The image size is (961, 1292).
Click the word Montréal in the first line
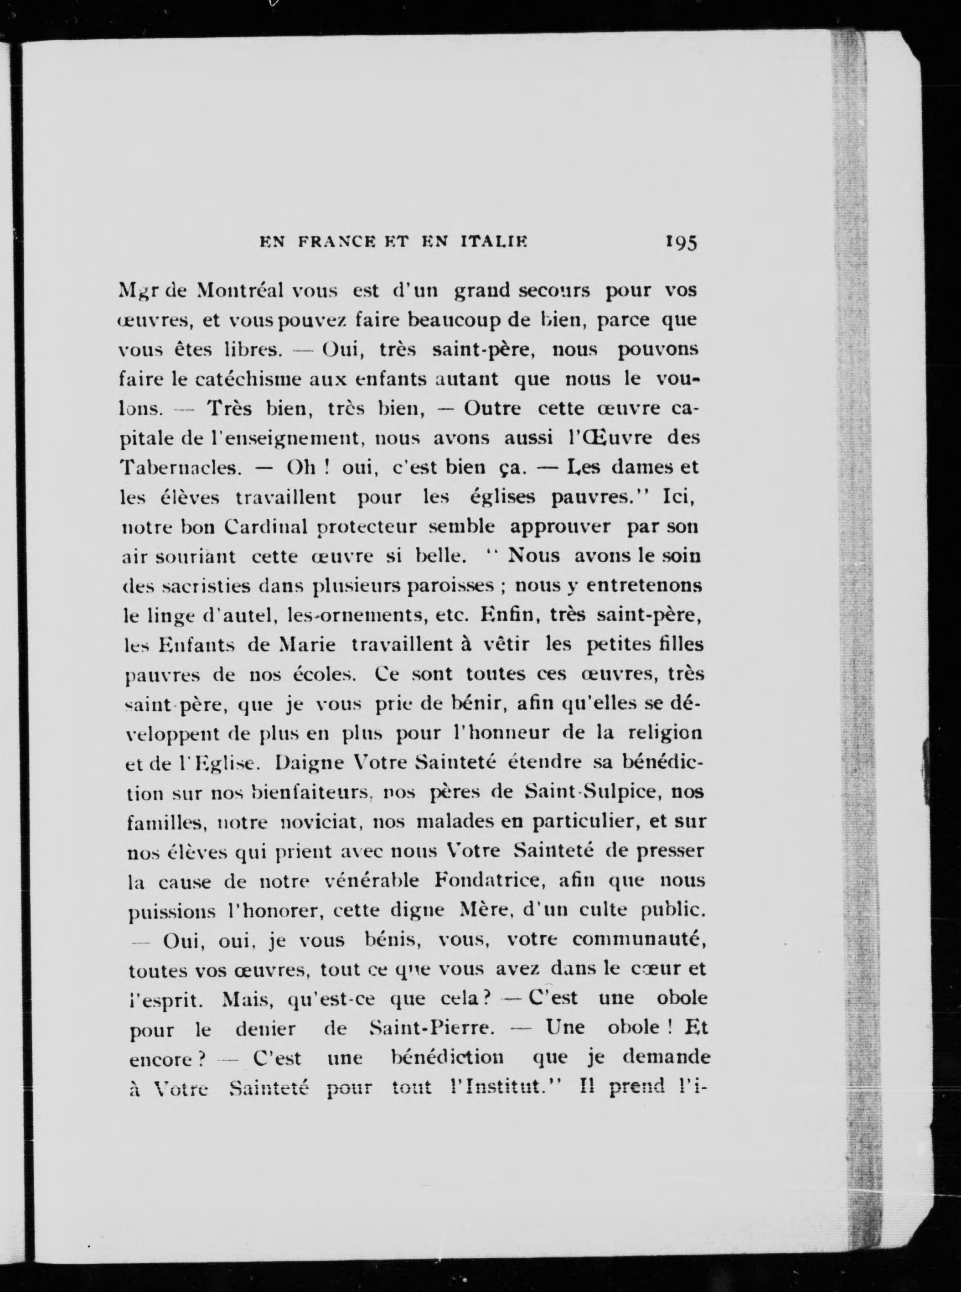(240, 290)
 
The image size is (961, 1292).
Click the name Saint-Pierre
(432, 1028)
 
